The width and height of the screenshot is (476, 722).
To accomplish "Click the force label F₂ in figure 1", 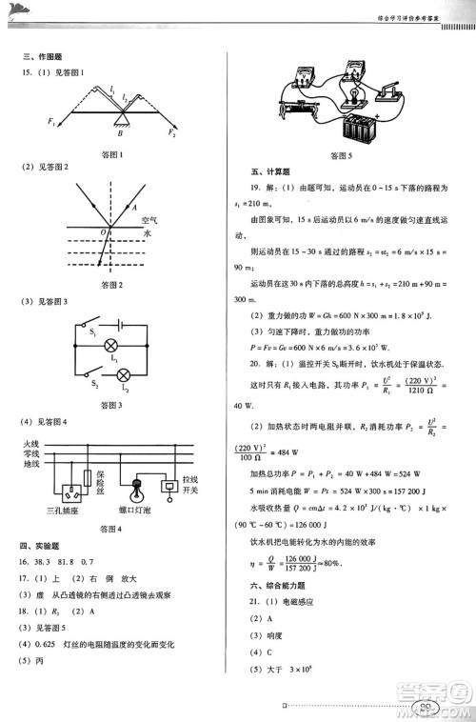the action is tap(172, 135).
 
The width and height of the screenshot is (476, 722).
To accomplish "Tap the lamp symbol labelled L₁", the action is tap(111, 345).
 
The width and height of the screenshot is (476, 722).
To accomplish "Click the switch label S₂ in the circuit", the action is tap(66, 384).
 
